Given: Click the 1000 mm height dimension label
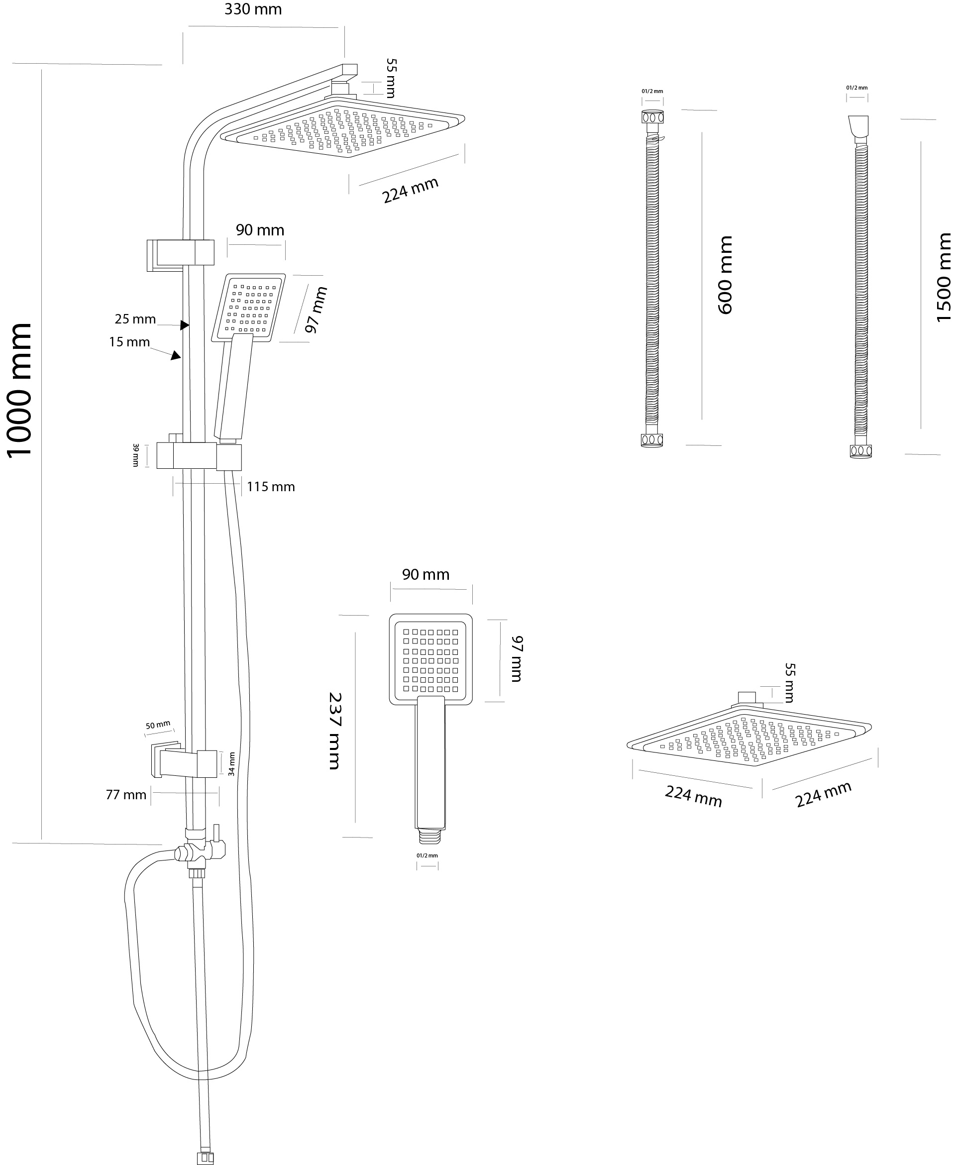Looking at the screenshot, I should coord(19,390).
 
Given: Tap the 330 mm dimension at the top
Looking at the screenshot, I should coord(253,9).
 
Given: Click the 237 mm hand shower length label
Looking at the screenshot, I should coord(334,731).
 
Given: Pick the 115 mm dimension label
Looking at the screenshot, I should coord(270,487).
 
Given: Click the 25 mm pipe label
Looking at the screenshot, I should coord(135,319).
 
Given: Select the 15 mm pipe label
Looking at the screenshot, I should coord(129,342).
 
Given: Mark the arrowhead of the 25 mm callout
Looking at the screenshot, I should coord(185,325).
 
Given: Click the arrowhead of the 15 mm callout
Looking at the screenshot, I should coord(176,356).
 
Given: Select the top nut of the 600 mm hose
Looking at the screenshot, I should coord(652,117).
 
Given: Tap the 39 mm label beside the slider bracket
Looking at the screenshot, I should coord(135,455).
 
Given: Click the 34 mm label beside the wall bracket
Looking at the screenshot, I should coord(232,764).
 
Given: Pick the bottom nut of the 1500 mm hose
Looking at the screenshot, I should coord(861,451).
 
